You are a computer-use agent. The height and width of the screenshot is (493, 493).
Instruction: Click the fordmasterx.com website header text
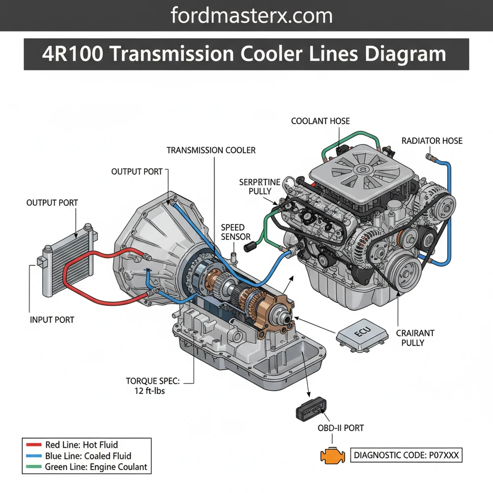[251, 16]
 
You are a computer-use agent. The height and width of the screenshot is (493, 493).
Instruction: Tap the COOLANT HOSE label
[320, 121]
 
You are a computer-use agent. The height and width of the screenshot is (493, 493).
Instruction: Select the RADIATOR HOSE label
[432, 141]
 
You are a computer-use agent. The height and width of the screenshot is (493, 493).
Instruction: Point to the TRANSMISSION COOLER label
[211, 150]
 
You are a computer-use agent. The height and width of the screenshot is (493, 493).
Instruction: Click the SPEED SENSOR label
[232, 232]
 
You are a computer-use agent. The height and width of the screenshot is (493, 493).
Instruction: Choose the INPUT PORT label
[52, 319]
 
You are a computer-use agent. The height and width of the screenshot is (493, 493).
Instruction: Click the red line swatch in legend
[32, 445]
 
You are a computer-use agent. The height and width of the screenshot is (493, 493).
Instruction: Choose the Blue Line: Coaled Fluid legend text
[88, 456]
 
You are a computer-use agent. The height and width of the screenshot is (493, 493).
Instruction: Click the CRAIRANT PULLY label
[413, 337]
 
